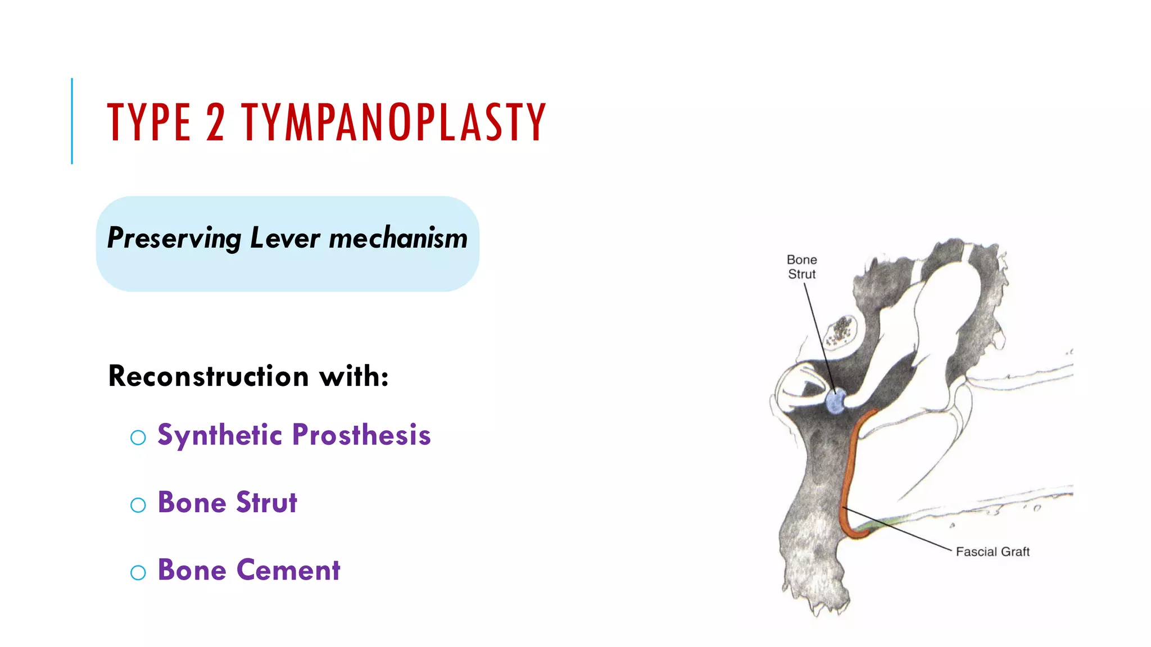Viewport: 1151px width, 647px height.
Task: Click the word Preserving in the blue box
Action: (x=174, y=238)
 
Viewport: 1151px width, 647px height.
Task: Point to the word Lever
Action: (x=285, y=238)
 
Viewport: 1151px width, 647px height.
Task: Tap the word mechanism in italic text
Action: (x=398, y=238)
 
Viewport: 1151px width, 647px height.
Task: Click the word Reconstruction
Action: (x=209, y=376)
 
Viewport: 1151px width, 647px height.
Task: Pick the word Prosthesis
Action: (x=361, y=435)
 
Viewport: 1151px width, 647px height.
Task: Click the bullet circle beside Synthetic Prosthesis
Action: (x=138, y=438)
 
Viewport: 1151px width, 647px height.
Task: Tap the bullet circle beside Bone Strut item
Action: (x=138, y=505)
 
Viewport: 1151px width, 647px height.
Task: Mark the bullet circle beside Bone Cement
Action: (x=138, y=572)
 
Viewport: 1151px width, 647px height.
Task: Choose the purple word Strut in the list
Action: (x=266, y=503)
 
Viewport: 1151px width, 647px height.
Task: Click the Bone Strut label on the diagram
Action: (x=801, y=267)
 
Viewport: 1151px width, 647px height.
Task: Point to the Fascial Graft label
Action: (x=993, y=552)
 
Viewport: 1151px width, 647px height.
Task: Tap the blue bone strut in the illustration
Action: (x=836, y=401)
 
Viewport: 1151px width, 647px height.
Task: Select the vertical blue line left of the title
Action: (x=72, y=121)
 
